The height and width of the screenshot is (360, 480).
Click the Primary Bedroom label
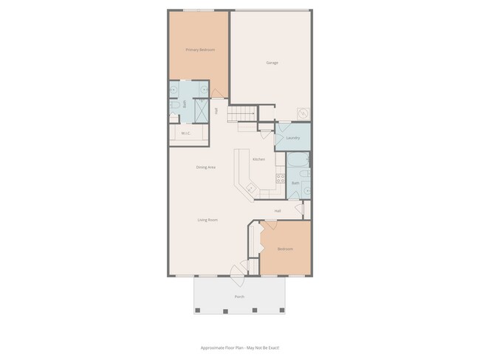pyautogui.click(x=200, y=49)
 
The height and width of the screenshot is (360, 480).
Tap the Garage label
pyautogui.click(x=272, y=63)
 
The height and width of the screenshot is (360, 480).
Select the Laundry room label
pyautogui.click(x=292, y=138)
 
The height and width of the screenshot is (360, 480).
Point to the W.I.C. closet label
pyautogui.click(x=186, y=134)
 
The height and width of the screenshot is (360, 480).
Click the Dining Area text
pyautogui.click(x=205, y=167)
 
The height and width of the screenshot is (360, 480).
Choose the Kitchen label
pyautogui.click(x=258, y=159)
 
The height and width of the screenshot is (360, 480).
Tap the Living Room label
pyautogui.click(x=207, y=220)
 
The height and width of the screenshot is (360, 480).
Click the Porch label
pyautogui.click(x=239, y=297)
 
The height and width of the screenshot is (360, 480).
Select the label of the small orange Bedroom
pyautogui.click(x=285, y=249)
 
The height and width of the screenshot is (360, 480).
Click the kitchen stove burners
pyautogui.click(x=280, y=178)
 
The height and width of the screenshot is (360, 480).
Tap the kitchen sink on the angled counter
pyautogui.click(x=250, y=189)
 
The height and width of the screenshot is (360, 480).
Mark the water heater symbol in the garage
pyautogui.click(x=303, y=114)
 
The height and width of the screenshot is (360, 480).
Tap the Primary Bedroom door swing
pyautogui.click(x=218, y=94)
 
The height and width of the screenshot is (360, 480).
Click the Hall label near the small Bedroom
pyautogui.click(x=278, y=211)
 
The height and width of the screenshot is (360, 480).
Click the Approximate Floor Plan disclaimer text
pyautogui.click(x=239, y=347)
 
